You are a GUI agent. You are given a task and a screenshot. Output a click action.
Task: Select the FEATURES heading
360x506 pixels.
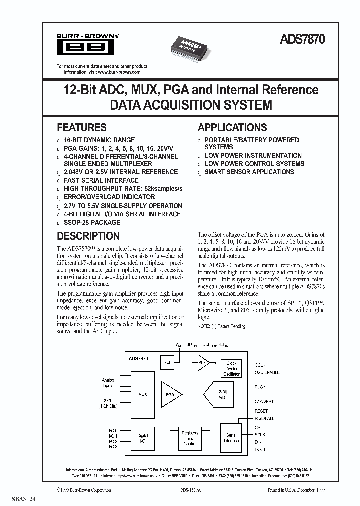pos(81,127)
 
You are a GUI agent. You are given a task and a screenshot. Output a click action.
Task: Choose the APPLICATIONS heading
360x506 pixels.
pos(232,127)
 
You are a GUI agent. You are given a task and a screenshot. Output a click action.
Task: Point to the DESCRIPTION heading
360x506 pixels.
pos(88,236)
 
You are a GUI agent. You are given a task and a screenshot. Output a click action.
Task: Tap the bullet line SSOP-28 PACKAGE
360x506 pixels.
pos(92,222)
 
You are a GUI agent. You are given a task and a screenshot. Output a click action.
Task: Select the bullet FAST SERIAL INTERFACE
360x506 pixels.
pos(101,180)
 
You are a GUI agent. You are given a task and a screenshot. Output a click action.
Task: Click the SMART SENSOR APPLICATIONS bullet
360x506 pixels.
pos(249,172)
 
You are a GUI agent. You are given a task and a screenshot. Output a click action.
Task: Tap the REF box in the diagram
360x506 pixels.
pos(166,362)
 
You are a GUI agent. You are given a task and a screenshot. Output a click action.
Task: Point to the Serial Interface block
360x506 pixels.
pos(232,438)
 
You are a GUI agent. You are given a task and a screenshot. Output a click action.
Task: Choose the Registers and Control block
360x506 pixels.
pos(190,438)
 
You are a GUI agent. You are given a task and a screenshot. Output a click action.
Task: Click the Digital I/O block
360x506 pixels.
pos(142,438)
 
